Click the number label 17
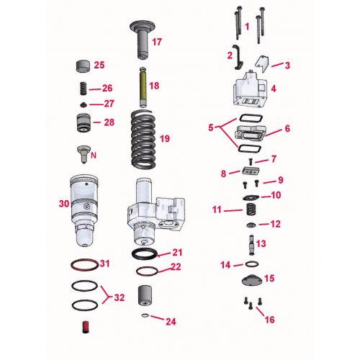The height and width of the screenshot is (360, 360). coord(156,41)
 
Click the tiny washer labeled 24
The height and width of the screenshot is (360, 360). coord(145,315)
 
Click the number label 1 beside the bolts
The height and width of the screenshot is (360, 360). coord(247,26)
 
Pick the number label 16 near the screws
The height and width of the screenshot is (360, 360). coord(270,319)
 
